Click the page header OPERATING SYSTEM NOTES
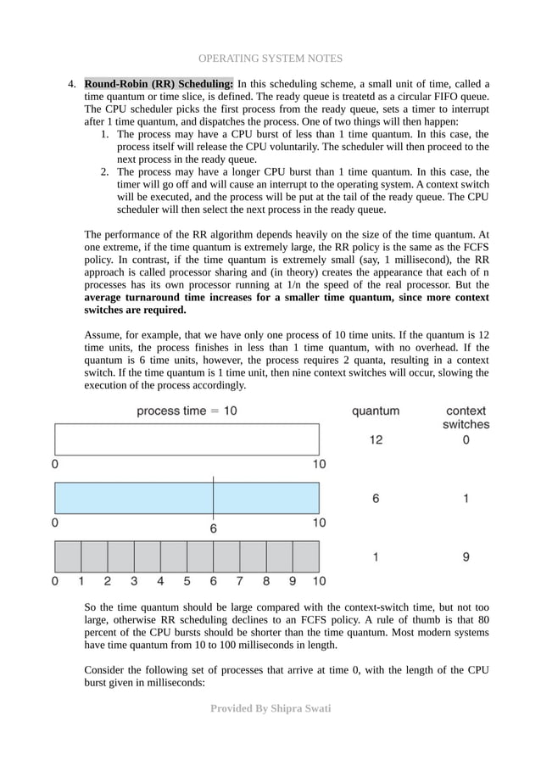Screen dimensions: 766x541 pos(270,59)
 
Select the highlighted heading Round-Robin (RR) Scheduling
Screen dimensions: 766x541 pos(159,84)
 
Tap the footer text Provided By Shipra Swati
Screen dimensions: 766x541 pos(270,708)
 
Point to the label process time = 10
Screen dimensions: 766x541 pos(187,411)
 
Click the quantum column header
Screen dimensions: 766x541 pos(375,411)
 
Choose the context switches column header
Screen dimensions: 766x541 pos(466,417)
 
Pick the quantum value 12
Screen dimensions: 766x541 pos(375,440)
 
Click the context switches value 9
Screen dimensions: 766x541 pos(466,557)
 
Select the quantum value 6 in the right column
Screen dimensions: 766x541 pos(375,499)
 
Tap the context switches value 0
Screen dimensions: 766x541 pos(466,440)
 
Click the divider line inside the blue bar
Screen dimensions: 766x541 pos(214,498)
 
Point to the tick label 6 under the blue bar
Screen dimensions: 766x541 pos(214,528)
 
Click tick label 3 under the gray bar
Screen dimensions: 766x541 pos(134,582)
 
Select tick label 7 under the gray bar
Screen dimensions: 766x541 pos(239,582)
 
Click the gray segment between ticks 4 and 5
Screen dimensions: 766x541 pos(174,556)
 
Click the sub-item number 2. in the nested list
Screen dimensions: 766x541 pos(105,171)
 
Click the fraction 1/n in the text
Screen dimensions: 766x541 pos(294,285)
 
